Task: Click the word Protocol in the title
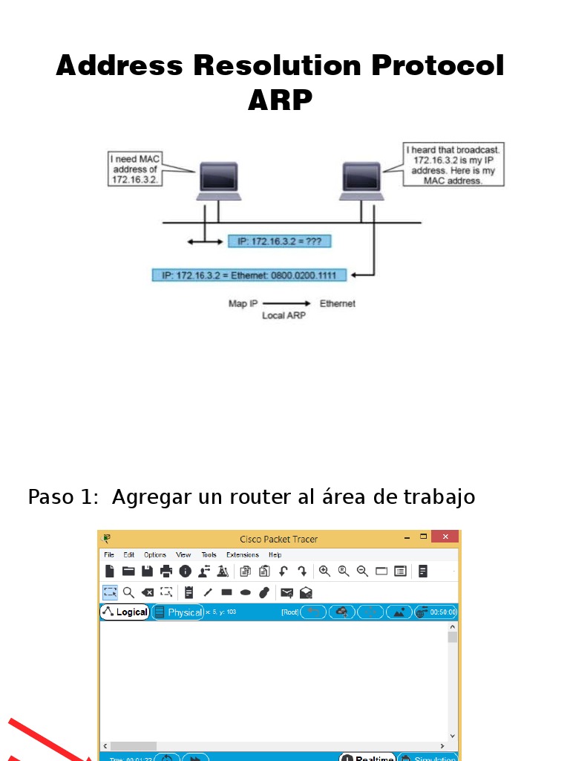pyautogui.click(x=437, y=65)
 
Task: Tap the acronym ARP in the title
pyautogui.click(x=280, y=100)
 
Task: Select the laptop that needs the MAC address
pyautogui.click(x=218, y=181)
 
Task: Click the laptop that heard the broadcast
pyautogui.click(x=362, y=181)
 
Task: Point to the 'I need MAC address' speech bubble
pyautogui.click(x=135, y=169)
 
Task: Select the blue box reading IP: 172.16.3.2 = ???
pyautogui.click(x=279, y=242)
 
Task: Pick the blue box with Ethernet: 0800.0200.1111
pyautogui.click(x=249, y=276)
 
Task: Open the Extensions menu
pyautogui.click(x=242, y=554)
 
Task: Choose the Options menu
pyautogui.click(x=155, y=554)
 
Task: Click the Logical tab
pyautogui.click(x=125, y=612)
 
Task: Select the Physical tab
pyautogui.click(x=178, y=612)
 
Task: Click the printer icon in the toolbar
pyautogui.click(x=166, y=571)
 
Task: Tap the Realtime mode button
pyautogui.click(x=368, y=757)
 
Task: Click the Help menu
pyautogui.click(x=275, y=554)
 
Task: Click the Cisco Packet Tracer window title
pyautogui.click(x=278, y=539)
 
